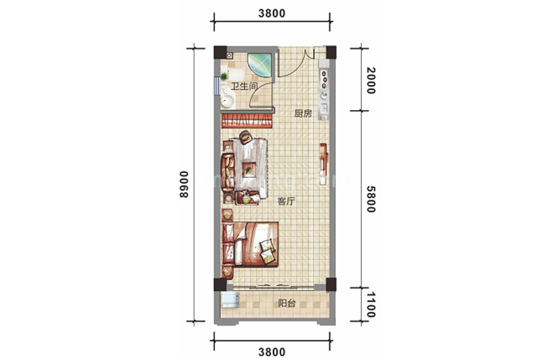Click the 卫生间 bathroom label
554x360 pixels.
coord(244,86)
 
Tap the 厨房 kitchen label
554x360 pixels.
coord(303,114)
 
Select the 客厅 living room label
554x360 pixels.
coord(286,202)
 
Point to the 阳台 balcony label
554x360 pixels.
coord(286,303)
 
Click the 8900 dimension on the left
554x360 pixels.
coord(183,184)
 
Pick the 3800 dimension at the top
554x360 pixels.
coord(272,14)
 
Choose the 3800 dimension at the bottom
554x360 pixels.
coord(272,352)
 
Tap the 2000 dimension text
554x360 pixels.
coord(371,81)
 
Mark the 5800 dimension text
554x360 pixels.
coord(371,199)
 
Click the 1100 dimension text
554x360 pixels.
coord(371,305)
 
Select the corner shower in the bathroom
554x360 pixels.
coord(260,66)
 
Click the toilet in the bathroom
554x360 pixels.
coord(235,74)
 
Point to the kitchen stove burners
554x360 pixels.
coord(324,80)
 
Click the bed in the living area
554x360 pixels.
coord(250,245)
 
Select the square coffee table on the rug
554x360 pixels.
coord(250,168)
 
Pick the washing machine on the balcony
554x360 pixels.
coord(230,300)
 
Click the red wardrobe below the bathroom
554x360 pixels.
coord(247,120)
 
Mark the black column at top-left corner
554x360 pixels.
coord(220,53)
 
